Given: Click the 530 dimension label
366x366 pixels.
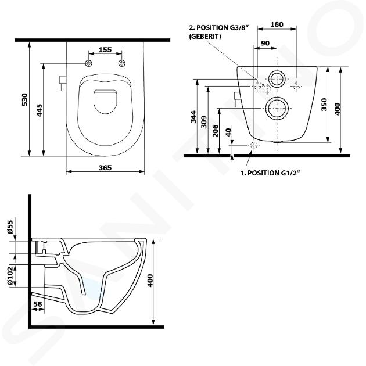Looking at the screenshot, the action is (24, 100).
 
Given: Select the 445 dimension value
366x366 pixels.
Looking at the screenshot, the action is (39, 110).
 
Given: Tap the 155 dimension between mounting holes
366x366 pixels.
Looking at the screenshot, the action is (105, 50).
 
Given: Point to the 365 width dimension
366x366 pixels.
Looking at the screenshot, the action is (105, 167).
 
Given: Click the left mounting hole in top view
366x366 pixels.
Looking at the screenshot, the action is (88, 63).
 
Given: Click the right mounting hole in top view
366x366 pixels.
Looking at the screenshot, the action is (122, 63).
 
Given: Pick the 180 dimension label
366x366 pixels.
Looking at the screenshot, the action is (277, 24).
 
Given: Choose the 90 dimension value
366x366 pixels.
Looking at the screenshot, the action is (265, 43).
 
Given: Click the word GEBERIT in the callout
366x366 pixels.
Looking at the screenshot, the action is (205, 37).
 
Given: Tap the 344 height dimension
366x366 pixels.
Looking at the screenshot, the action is (193, 117).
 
